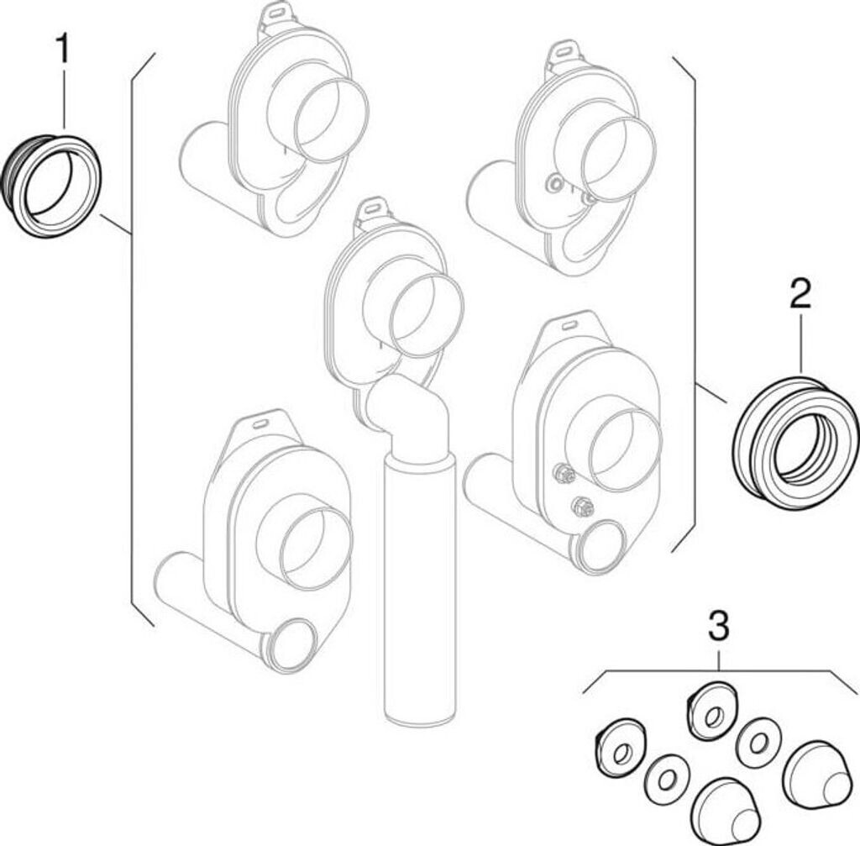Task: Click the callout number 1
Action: pos(63,50)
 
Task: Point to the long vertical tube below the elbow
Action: pos(418,588)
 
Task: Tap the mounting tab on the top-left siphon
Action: pos(275,17)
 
